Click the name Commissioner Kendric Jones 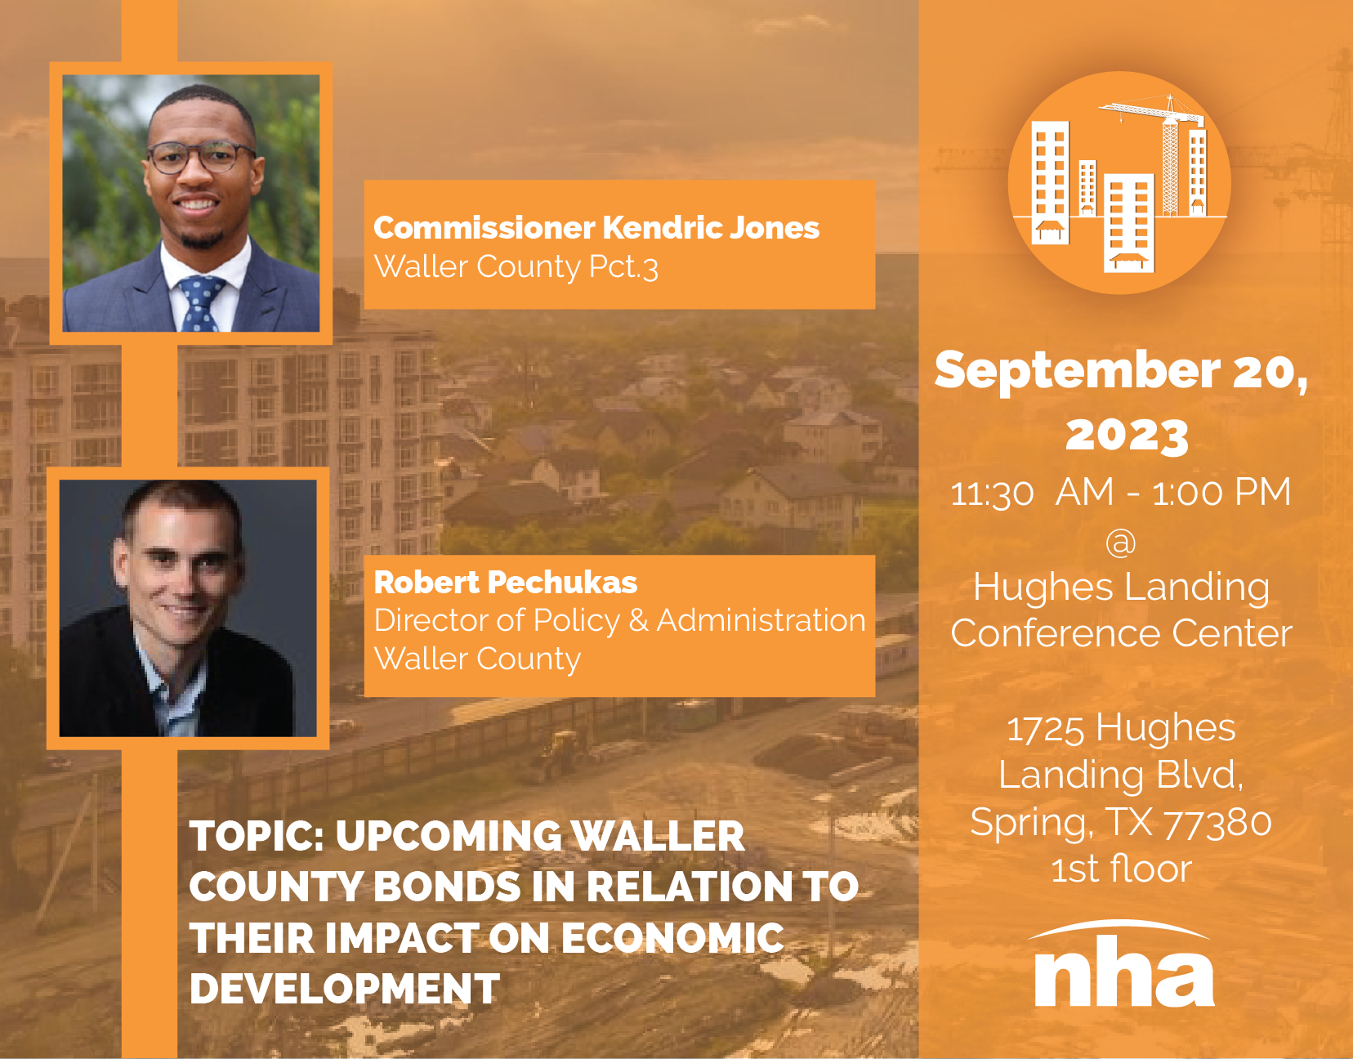(596, 228)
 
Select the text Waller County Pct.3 (516, 267)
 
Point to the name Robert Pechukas (505, 583)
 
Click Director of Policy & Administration (619, 621)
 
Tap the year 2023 (1127, 435)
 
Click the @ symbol (1121, 543)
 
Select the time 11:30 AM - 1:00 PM (1121, 493)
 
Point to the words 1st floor (1122, 869)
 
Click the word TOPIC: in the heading (257, 836)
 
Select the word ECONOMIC (672, 937)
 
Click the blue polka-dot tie (200, 303)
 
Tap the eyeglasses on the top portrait (200, 157)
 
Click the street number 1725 (1046, 728)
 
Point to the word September (1077, 371)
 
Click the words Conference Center (1122, 633)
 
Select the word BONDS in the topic (446, 887)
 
